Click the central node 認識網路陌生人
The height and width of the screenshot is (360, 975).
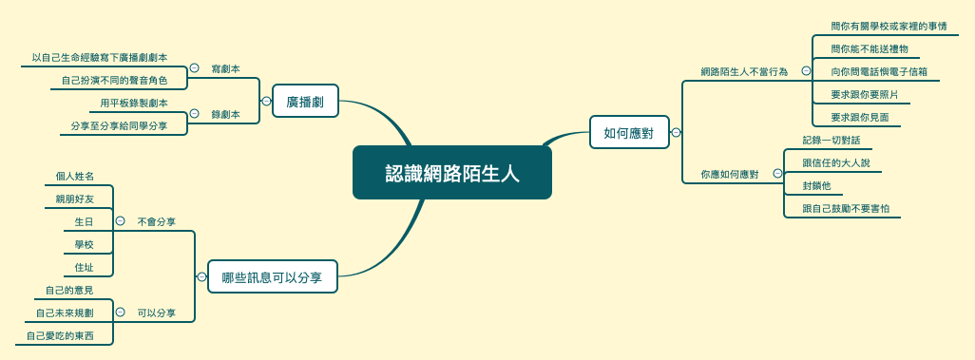point(452,173)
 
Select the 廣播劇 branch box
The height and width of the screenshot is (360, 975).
point(305,101)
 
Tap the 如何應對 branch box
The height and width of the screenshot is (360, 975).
point(629,132)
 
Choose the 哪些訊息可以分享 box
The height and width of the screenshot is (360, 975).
point(272,277)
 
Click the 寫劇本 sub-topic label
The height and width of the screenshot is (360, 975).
point(225,68)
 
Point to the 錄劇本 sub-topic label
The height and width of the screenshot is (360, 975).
point(225,114)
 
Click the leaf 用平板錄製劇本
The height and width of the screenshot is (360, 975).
point(134,103)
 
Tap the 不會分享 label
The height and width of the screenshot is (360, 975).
point(157,221)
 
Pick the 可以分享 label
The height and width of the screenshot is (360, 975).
point(157,313)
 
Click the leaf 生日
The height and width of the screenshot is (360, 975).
point(84,221)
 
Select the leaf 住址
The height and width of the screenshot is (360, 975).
point(84,267)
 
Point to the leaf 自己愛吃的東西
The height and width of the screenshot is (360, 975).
point(60,335)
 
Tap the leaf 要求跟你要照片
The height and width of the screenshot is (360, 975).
point(864,94)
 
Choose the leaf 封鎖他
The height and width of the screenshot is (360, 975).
point(816,185)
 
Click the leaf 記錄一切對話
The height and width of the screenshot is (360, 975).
point(831,140)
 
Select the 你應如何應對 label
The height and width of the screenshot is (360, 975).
point(730,174)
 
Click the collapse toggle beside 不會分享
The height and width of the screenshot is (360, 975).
point(120,221)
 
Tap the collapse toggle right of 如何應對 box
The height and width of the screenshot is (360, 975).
point(676,132)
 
